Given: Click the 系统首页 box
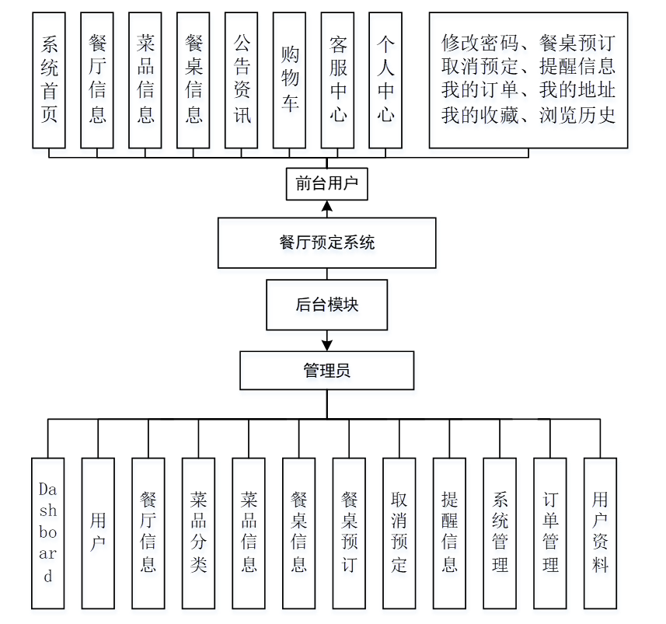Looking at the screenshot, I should point(49,80).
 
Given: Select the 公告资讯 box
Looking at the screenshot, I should point(242,80).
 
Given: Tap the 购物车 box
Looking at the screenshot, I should point(290,80).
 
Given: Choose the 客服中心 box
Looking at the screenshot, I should point(338,80).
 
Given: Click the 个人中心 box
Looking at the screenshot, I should point(386,80).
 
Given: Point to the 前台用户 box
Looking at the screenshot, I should point(327,184).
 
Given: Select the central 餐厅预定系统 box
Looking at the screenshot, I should point(327,243).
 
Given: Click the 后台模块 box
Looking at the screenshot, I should point(327,305).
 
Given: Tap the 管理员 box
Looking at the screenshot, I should point(327,371).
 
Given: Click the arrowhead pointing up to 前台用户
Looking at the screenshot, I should point(327,207).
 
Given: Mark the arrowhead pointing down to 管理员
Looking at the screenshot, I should point(327,344).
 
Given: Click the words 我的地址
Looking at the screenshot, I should point(577,92).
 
